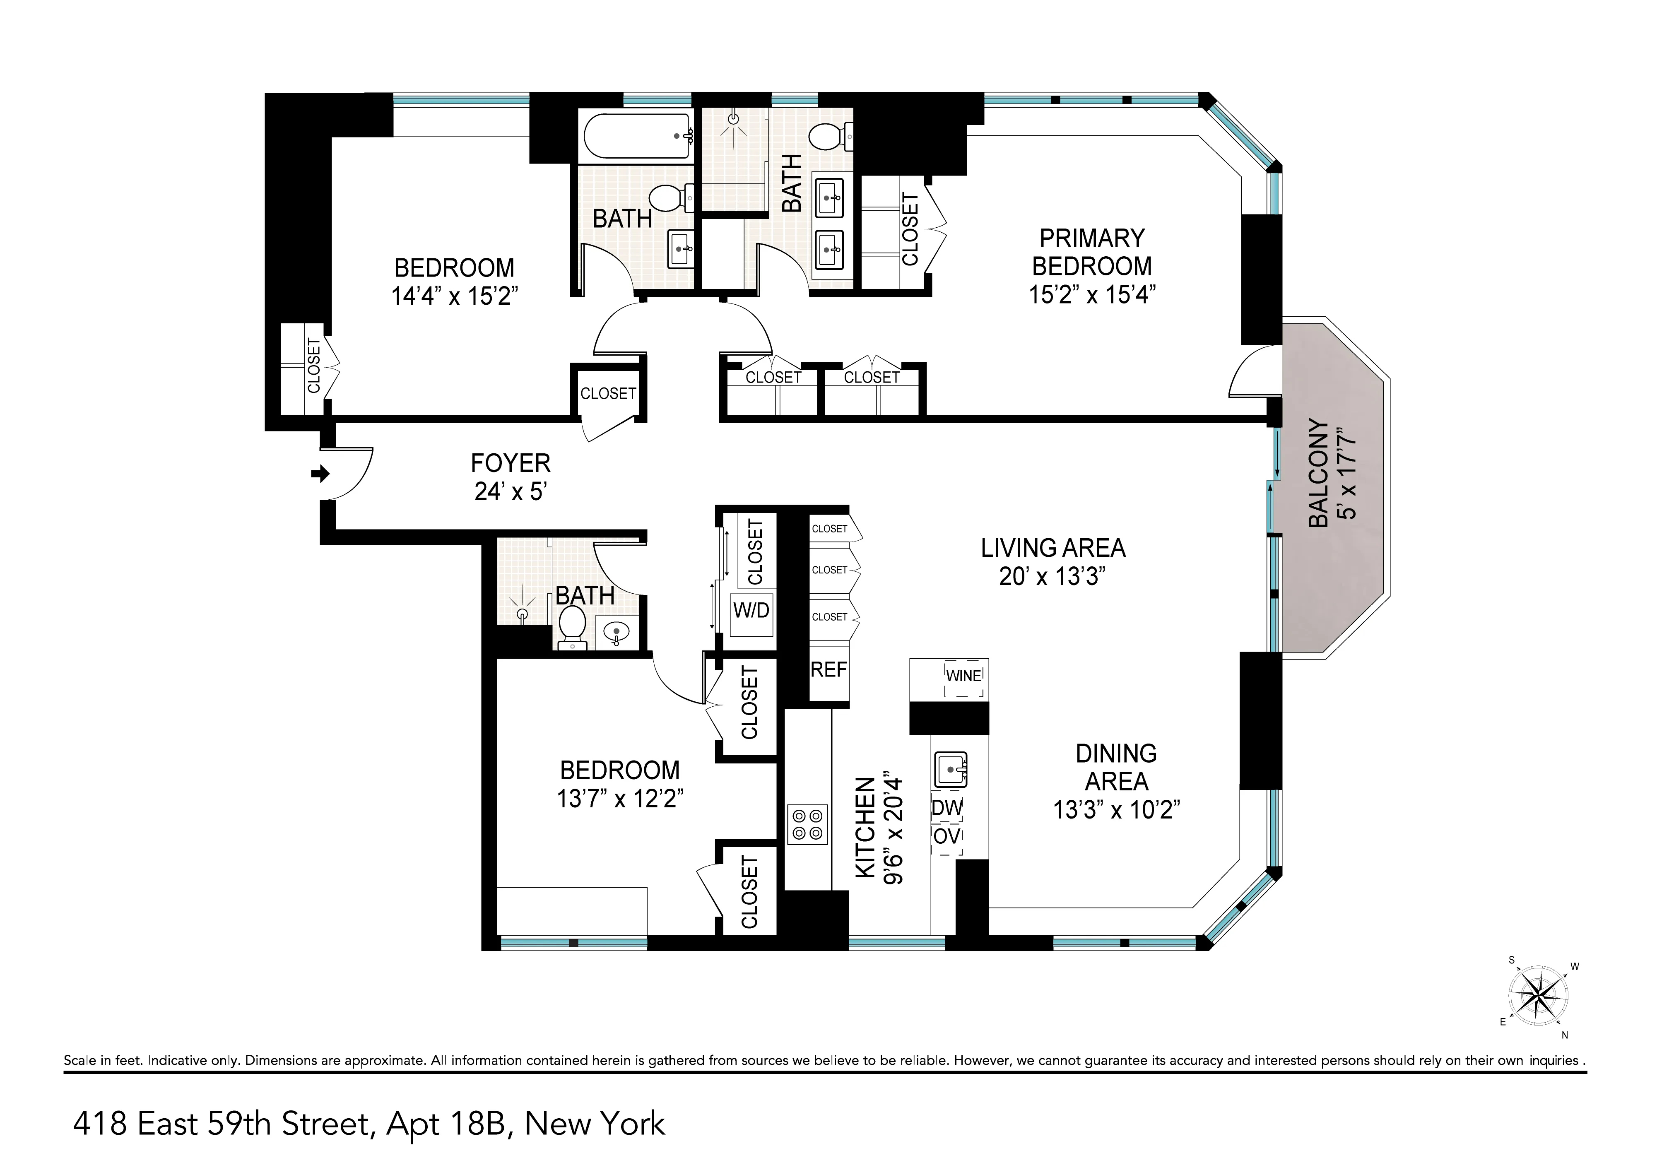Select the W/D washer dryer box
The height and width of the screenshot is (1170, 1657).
[751, 611]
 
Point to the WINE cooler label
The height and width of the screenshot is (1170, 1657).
[963, 676]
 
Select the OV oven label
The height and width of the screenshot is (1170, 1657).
[947, 837]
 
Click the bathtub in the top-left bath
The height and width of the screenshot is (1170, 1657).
[635, 136]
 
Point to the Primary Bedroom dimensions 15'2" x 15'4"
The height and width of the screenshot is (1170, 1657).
[1092, 294]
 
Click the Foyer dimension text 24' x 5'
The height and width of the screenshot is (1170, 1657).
[510, 491]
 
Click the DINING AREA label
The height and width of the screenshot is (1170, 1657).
[1116, 767]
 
